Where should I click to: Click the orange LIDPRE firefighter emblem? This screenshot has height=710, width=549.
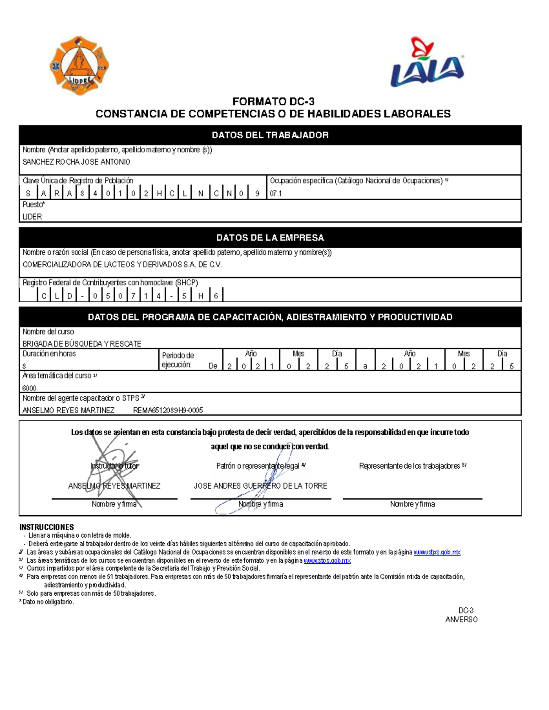pos(80,65)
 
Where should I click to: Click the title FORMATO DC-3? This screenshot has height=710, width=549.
pos(273,101)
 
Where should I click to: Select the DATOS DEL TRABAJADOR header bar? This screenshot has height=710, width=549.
pos(270,135)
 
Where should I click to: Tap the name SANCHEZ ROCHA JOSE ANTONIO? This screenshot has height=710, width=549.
pos(76,162)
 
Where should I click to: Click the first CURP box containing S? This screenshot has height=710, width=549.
pos(28,193)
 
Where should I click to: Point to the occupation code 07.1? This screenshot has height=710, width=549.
pos(275,193)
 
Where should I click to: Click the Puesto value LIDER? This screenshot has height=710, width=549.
pos(32,217)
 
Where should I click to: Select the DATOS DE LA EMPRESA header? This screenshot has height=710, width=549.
pos(270,238)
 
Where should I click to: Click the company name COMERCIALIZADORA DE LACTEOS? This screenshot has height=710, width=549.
pos(122,265)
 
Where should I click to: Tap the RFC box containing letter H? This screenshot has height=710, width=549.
pos(200,296)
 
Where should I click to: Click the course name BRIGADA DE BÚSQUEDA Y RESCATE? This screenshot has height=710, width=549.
pos(82,344)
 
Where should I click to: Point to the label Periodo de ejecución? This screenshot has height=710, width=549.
pos(178,360)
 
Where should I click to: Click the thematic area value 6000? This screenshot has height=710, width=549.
pos(29,388)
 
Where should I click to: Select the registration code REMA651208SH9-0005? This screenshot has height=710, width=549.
pos(168,411)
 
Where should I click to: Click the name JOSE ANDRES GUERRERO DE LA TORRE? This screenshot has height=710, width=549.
pos(260,486)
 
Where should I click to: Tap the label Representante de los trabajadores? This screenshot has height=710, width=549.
pos(410,466)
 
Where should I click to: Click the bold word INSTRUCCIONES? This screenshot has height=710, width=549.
pos(47,527)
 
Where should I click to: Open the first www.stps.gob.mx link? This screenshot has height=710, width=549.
pos(437,552)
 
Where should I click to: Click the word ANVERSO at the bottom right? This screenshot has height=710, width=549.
pos(461,619)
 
